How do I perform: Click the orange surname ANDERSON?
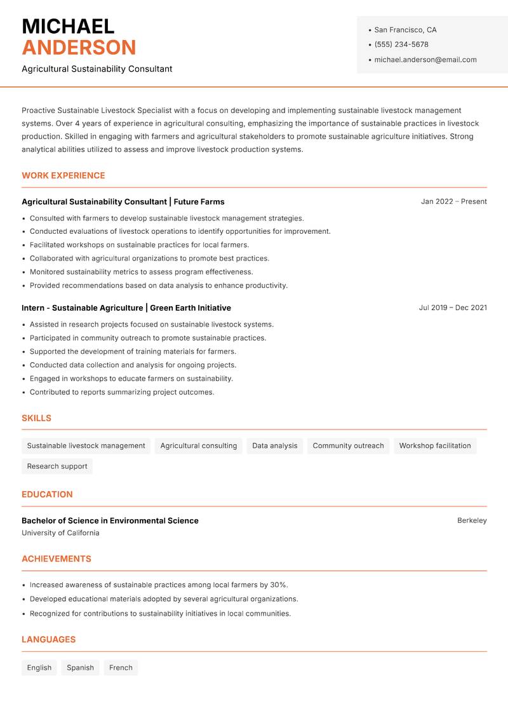(79, 48)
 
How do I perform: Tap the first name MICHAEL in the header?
(68, 26)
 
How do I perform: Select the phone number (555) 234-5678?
(401, 44)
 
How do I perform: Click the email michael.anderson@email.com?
(425, 60)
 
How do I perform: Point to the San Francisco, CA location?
(405, 30)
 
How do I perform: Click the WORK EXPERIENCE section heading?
(63, 175)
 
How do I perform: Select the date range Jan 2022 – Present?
(453, 201)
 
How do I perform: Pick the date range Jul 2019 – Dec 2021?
(452, 308)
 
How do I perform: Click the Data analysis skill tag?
(274, 446)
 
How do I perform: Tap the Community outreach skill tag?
(348, 446)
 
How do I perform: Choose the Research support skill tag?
(57, 466)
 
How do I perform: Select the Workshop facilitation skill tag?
(435, 446)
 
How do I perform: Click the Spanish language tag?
(80, 668)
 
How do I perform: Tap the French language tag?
(121, 668)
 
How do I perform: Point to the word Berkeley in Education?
(472, 520)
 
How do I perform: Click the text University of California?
(60, 533)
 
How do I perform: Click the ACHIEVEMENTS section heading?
(57, 559)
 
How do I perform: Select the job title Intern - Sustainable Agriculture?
(82, 308)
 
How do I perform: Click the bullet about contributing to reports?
(122, 392)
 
